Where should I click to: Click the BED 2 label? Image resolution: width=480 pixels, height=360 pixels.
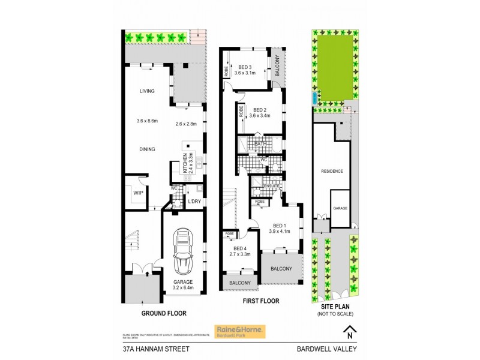[x=259, y=110]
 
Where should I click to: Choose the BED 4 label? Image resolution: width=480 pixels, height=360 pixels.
[x=240, y=248]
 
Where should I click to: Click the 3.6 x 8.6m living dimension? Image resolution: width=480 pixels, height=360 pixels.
[x=146, y=121]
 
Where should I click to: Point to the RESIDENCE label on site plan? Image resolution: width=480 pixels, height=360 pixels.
[x=332, y=171]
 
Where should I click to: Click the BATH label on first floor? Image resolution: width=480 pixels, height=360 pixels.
[x=260, y=143]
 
